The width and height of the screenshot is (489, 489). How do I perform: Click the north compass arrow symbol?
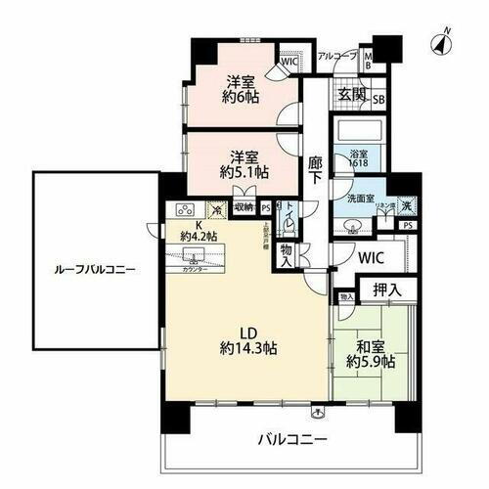coord(441,41)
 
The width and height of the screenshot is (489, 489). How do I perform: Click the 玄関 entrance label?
coord(352,94)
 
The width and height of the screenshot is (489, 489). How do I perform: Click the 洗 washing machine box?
coord(407,206)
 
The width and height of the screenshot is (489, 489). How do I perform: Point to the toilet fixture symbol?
coord(290,225)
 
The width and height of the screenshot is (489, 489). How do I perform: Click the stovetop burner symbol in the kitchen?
coord(184,209)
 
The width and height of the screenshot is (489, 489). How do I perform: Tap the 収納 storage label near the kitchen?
coord(244,206)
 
